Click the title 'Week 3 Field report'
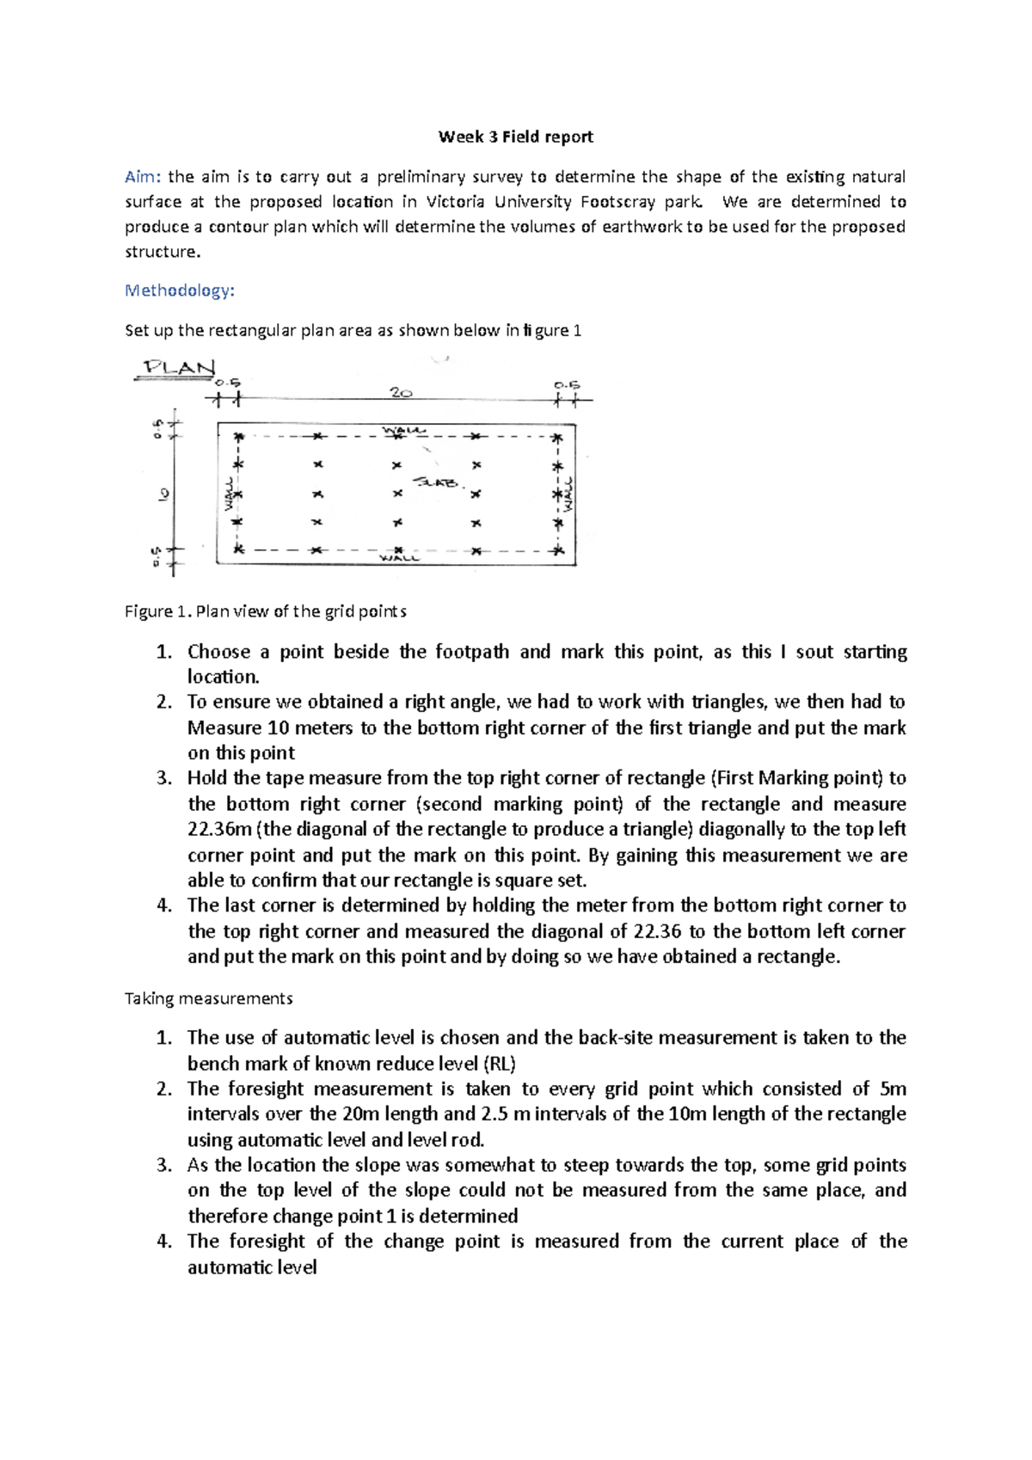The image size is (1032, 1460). pyautogui.click(x=515, y=137)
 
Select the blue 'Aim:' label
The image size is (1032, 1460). pyautogui.click(x=142, y=177)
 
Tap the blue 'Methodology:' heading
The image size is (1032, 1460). pyautogui.click(x=179, y=291)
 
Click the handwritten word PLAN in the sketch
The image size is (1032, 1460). pyautogui.click(x=179, y=368)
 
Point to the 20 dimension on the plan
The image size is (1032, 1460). pyautogui.click(x=401, y=393)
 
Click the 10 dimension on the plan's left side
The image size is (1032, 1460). pyautogui.click(x=163, y=494)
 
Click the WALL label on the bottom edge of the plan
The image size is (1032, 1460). pyautogui.click(x=400, y=558)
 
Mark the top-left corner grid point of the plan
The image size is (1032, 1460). pyautogui.click(x=239, y=438)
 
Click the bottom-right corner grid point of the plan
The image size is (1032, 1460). pyautogui.click(x=558, y=550)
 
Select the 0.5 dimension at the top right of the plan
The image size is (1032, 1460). pyautogui.click(x=566, y=385)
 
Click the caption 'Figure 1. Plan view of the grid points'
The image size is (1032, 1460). pyautogui.click(x=265, y=611)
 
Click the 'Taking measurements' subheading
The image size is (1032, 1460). pyautogui.click(x=208, y=999)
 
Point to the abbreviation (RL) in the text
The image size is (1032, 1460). pyautogui.click(x=500, y=1064)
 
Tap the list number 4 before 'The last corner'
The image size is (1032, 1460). pyautogui.click(x=164, y=905)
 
